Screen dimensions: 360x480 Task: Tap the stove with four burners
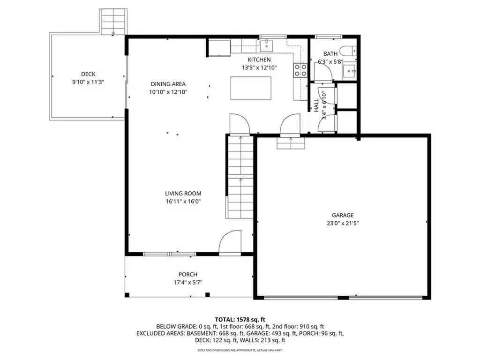pyautogui.click(x=300, y=70)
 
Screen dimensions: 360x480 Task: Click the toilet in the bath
pyautogui.click(x=349, y=50)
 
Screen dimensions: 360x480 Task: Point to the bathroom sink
pyautogui.click(x=349, y=71)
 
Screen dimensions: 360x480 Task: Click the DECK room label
pyautogui.click(x=88, y=74)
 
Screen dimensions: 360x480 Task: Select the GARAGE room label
pyautogui.click(x=344, y=215)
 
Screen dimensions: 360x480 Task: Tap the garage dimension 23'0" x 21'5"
pyautogui.click(x=344, y=224)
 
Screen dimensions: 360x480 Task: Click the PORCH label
pyautogui.click(x=187, y=275)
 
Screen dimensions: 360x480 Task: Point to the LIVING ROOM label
pyautogui.click(x=183, y=193)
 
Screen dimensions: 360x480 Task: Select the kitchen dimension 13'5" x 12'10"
pyautogui.click(x=259, y=67)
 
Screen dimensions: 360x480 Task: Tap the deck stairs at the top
pyautogui.click(x=114, y=22)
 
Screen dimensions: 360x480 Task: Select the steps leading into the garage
pyautogui.click(x=291, y=143)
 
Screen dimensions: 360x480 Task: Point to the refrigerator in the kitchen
pyautogui.click(x=219, y=48)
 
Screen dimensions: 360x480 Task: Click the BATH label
pyautogui.click(x=330, y=54)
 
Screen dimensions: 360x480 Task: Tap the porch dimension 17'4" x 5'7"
pyautogui.click(x=187, y=283)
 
